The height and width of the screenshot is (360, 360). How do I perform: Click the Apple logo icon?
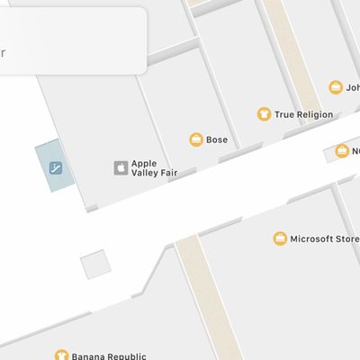click(x=120, y=167)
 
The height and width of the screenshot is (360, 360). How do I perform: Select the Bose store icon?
click(x=195, y=139)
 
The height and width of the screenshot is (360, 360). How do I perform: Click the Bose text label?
click(x=217, y=140)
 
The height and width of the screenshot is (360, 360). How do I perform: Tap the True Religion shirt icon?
click(x=264, y=114)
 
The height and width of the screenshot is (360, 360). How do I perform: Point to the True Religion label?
click(x=303, y=115)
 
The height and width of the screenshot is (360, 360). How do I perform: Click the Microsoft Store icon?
click(x=281, y=238)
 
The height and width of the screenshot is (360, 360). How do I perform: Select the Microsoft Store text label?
click(x=322, y=238)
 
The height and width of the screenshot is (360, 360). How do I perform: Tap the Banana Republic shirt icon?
click(x=61, y=355)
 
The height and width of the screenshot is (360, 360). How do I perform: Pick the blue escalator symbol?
click(x=55, y=166)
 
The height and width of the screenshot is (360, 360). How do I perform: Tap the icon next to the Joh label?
click(x=337, y=87)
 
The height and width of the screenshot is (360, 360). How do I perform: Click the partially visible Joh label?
click(x=353, y=88)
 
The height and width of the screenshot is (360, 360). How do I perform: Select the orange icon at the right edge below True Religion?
click(x=342, y=150)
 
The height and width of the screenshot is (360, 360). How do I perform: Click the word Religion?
click(x=315, y=115)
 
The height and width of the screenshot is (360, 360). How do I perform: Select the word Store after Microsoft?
click(x=346, y=238)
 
